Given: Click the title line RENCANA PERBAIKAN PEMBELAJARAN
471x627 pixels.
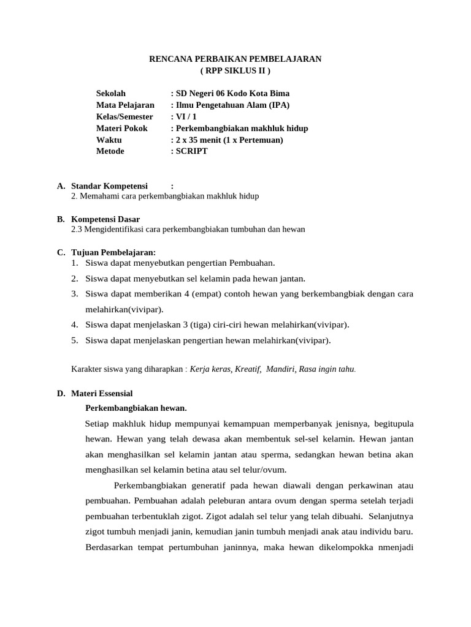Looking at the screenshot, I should point(235,59).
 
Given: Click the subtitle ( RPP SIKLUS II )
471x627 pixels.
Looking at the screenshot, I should point(235,70).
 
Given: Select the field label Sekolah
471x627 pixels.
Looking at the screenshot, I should point(111,94).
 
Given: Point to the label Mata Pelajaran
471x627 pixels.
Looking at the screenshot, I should point(125,105).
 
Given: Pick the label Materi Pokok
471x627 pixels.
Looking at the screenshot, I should point(122,129).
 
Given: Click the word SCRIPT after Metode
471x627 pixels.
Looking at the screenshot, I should point(192,151).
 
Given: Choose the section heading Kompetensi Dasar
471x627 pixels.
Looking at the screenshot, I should point(105,219).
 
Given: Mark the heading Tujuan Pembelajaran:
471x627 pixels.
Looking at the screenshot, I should point(113,253).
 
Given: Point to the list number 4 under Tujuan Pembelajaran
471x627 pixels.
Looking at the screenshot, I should point(74,325).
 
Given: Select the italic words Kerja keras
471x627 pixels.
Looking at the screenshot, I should point(210,369).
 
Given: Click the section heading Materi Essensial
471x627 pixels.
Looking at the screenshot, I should point(102,394).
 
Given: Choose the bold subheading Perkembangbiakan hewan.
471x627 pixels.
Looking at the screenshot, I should point(136,408).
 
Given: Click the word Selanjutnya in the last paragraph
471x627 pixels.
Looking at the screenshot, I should point(391,516).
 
